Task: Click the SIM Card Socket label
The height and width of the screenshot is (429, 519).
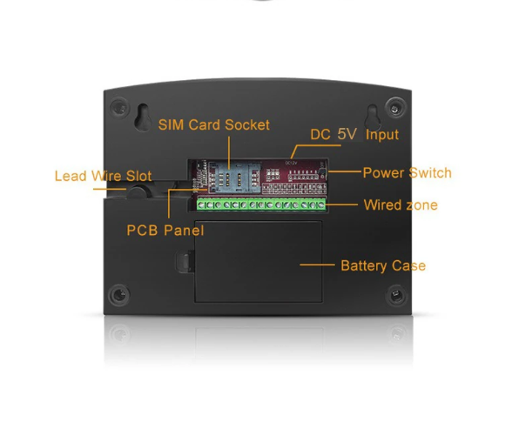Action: [214, 125]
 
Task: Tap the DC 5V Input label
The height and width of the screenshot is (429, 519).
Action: [354, 134]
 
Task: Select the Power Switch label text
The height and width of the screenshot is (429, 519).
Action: [408, 172]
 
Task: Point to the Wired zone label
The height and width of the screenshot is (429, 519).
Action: [401, 204]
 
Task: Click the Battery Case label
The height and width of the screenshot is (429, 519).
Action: [383, 265]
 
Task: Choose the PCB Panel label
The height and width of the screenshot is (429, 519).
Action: [165, 231]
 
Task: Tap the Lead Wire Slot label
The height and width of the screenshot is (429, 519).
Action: [104, 176]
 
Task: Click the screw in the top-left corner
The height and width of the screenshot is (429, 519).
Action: [119, 107]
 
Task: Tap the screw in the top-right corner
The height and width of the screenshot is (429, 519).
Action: [395, 108]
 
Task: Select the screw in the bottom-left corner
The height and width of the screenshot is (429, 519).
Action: [119, 294]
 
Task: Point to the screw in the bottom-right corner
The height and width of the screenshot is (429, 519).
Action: [396, 294]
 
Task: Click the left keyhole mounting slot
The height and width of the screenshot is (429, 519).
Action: [143, 117]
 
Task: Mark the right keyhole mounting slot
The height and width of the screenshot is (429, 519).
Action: [373, 117]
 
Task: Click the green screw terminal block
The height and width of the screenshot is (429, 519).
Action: [261, 204]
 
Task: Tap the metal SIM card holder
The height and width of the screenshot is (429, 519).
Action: [234, 178]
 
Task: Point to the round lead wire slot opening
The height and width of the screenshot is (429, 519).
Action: [137, 191]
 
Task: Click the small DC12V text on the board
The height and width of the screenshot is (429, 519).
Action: [291, 163]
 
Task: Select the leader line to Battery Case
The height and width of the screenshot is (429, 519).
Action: [317, 265]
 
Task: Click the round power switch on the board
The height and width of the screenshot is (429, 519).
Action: [322, 172]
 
